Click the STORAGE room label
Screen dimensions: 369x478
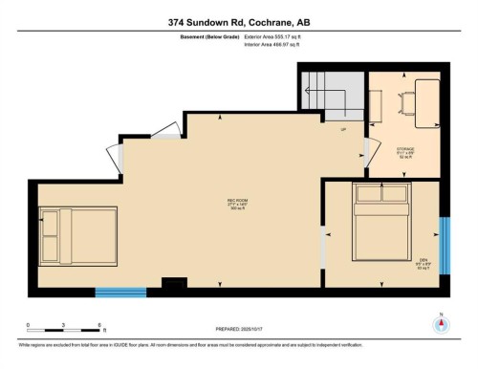pos(405,150)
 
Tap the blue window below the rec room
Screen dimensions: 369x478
pos(120,291)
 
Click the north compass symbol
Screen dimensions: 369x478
pos(440,322)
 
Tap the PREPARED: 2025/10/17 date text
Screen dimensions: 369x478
pos(238,332)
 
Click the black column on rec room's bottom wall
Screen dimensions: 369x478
pos(174,284)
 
